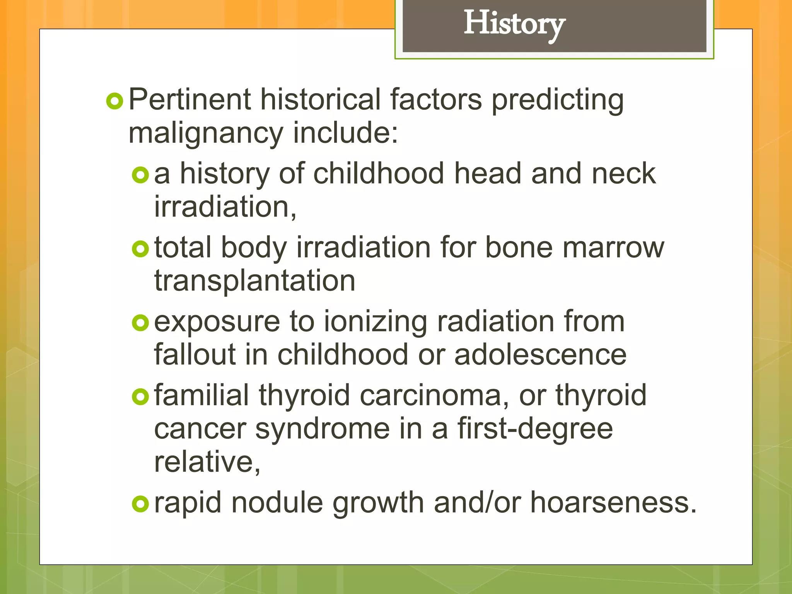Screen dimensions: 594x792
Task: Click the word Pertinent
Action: point(189,100)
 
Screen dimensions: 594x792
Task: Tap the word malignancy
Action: point(206,133)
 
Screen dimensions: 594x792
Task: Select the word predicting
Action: point(557,100)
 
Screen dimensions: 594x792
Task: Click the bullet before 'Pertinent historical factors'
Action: point(114,101)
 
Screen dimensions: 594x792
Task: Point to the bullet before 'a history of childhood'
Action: point(140,175)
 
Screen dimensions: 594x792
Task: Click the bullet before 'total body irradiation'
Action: point(140,249)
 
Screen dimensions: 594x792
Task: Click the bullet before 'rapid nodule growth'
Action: point(140,504)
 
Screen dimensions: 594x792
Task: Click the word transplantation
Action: point(254,281)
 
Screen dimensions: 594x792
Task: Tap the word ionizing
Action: point(375,322)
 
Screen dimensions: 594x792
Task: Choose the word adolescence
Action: point(540,355)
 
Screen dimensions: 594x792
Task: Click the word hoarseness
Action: point(613,503)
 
